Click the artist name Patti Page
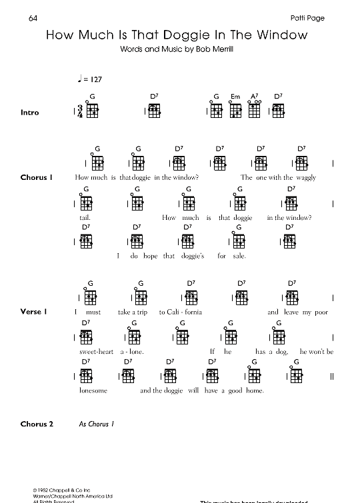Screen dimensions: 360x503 pyautogui.click(x=308, y=18)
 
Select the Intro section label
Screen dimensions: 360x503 pyautogui.click(x=30, y=113)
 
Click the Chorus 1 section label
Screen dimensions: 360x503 pyautogui.click(x=36, y=177)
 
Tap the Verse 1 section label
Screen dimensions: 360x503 pyautogui.click(x=34, y=311)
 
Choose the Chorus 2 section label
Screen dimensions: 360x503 pyautogui.click(x=36, y=424)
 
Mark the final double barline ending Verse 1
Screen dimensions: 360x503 pyautogui.click(x=331, y=377)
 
